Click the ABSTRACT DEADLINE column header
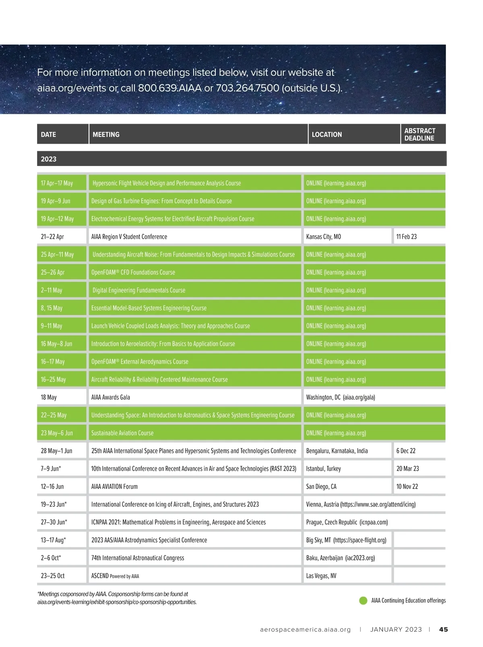(x=419, y=134)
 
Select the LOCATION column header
(x=326, y=135)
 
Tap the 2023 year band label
(x=49, y=159)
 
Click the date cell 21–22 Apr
(x=52, y=236)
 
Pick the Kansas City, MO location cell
(x=323, y=236)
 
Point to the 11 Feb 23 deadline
(x=406, y=236)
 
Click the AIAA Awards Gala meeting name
(x=111, y=397)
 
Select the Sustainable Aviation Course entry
(x=122, y=433)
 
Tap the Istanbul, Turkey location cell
(x=323, y=469)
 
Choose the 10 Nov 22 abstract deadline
(x=407, y=487)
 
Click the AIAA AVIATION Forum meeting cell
(x=114, y=487)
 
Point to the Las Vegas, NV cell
(x=321, y=576)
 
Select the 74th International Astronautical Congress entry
(x=138, y=558)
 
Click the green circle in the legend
(x=363, y=601)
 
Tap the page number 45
(x=443, y=629)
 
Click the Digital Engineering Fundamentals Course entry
(x=139, y=290)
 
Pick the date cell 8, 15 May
(x=52, y=308)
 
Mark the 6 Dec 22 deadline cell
(x=406, y=451)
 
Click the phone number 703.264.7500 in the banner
(x=247, y=88)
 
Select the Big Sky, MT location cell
(x=346, y=540)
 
